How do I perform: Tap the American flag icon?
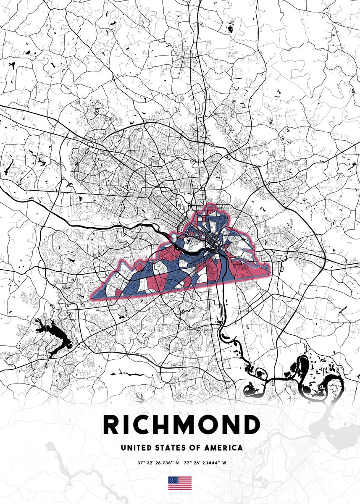180,483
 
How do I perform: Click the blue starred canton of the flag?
173,480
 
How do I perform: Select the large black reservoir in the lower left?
55,336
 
